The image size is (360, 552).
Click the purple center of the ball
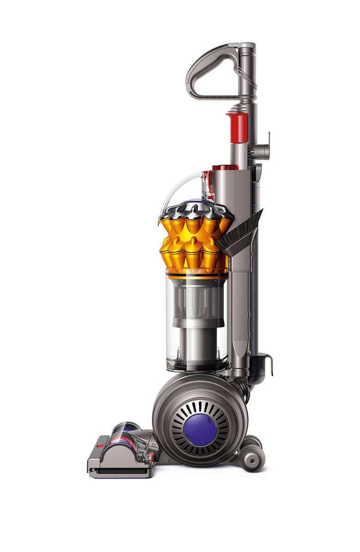coord(200,429)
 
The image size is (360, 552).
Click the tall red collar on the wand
coord(237,127)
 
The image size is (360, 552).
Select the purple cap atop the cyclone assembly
coord(198,204)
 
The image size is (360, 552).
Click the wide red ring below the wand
coord(225,168)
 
